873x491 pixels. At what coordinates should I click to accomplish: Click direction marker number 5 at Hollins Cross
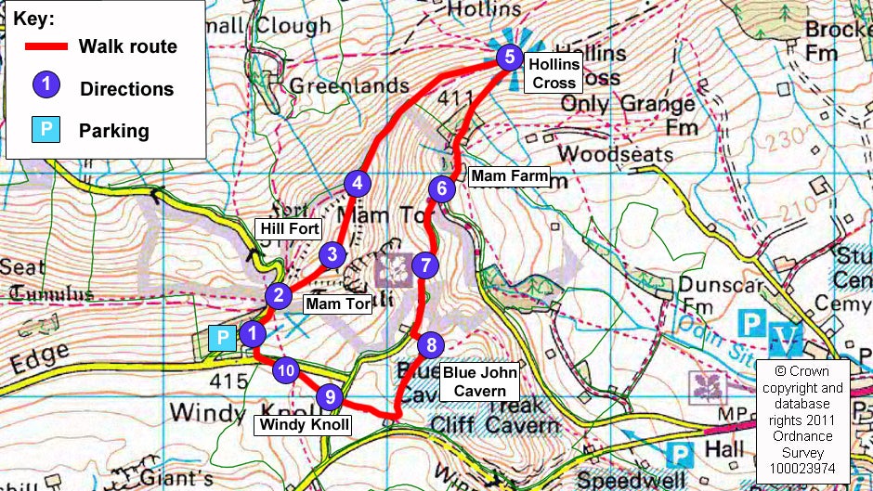pos(507,58)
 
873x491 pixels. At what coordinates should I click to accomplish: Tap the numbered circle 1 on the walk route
pos(251,331)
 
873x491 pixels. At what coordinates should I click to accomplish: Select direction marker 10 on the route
pos(288,371)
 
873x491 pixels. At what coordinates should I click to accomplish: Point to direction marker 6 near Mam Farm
pos(442,188)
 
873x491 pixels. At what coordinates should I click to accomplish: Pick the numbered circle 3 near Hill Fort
pos(332,254)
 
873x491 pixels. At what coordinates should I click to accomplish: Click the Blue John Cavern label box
pos(474,381)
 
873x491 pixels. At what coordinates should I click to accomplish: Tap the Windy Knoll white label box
pos(305,425)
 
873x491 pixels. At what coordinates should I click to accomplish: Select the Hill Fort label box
pos(290,228)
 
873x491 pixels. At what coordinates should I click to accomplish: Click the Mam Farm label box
pos(510,175)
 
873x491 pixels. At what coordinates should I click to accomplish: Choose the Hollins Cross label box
pos(554,73)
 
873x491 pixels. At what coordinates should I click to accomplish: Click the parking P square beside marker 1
pos(222,338)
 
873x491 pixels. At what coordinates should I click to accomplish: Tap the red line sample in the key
pos(46,46)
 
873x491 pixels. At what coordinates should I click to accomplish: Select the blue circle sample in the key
pos(46,86)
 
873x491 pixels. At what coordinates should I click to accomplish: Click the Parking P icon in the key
pos(46,130)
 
